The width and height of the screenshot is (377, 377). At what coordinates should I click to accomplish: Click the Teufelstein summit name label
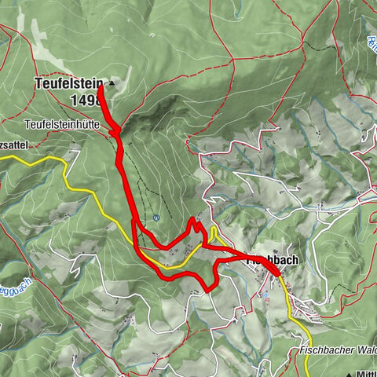(x=70, y=82)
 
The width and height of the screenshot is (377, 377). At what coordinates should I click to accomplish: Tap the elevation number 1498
(x=82, y=100)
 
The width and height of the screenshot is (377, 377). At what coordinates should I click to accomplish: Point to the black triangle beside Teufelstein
(x=112, y=82)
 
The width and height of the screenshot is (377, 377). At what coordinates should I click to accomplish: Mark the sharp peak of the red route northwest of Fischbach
(x=193, y=220)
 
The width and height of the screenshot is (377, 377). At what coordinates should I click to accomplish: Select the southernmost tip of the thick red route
(x=207, y=290)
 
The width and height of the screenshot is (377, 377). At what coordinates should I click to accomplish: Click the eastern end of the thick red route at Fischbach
(x=280, y=274)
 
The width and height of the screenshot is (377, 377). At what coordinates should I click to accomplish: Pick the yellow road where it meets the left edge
(x=2, y=157)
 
